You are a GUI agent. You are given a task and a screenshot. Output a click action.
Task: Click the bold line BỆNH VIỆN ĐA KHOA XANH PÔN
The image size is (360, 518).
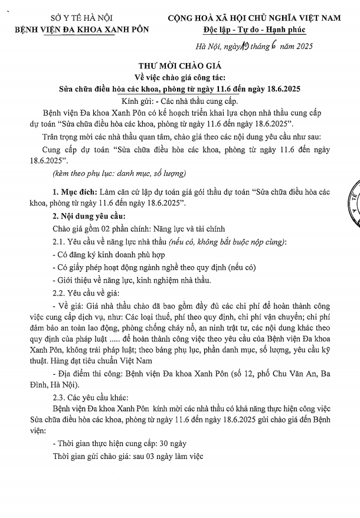[x=82, y=28]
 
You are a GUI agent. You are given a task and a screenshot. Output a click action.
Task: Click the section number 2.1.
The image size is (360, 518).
[x=60, y=242]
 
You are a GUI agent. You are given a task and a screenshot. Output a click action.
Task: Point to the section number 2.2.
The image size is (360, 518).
[x=60, y=293]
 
